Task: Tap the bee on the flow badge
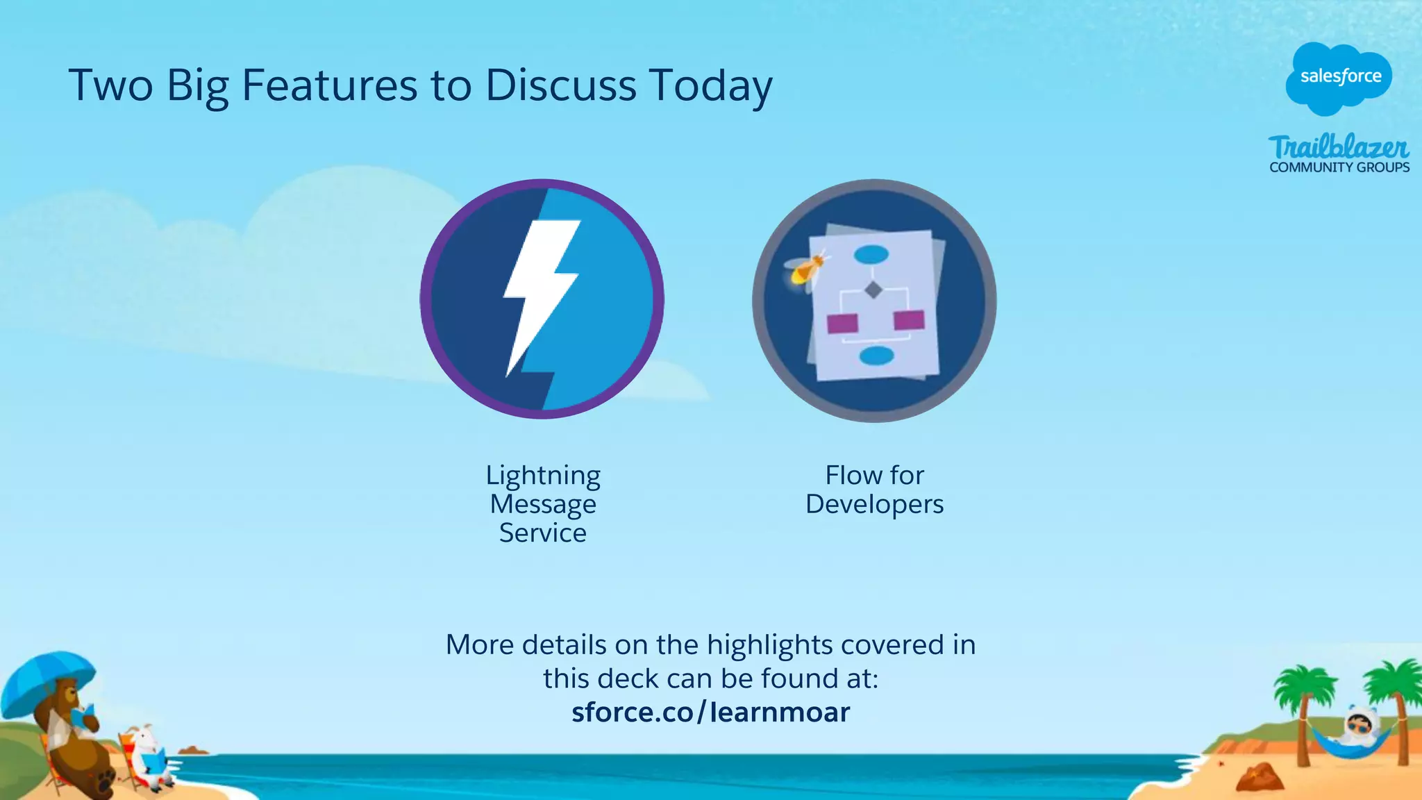click(805, 268)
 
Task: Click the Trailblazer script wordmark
click(1338, 147)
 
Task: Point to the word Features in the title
click(329, 85)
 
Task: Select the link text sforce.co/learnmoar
click(710, 712)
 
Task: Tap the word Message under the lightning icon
click(543, 504)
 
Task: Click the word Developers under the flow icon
click(874, 504)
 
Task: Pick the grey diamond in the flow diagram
click(873, 289)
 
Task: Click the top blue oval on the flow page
click(871, 255)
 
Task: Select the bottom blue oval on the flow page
click(876, 356)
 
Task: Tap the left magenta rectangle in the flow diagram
click(842, 324)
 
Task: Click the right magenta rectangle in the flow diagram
click(909, 320)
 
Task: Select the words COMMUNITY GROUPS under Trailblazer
click(1339, 167)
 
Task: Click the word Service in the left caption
click(543, 533)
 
